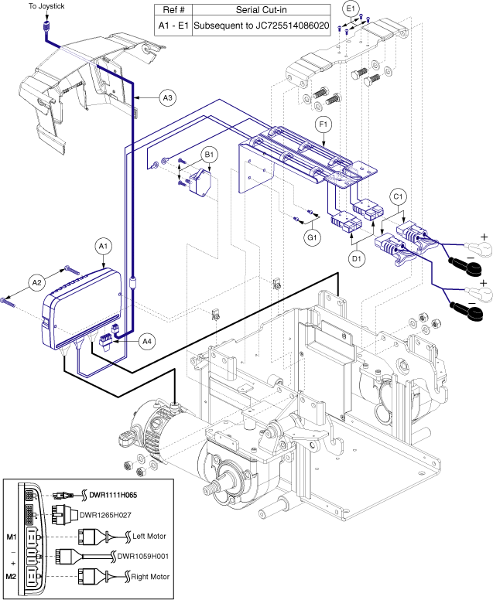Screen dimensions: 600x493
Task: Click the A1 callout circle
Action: pos(103,246)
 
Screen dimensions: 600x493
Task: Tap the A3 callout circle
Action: pos(167,98)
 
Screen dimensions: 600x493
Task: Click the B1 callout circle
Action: pos(209,155)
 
